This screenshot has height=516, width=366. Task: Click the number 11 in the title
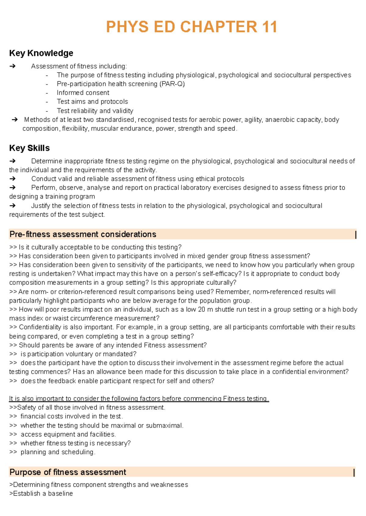(x=269, y=27)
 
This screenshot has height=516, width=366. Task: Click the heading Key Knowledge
(x=41, y=53)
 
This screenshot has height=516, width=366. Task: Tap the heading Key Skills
(x=30, y=148)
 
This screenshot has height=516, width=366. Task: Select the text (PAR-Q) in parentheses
(x=172, y=84)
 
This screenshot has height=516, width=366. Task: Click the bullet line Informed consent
(x=83, y=93)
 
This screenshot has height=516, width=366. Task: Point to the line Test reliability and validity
(x=95, y=111)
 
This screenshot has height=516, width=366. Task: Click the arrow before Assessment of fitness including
(x=13, y=66)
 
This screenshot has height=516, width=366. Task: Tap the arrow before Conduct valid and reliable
(x=13, y=179)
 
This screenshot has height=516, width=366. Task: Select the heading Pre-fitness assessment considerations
(x=83, y=234)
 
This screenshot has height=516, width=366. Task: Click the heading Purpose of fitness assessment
(x=68, y=472)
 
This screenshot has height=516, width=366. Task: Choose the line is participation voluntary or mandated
(x=78, y=354)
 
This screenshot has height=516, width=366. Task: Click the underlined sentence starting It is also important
(x=139, y=399)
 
